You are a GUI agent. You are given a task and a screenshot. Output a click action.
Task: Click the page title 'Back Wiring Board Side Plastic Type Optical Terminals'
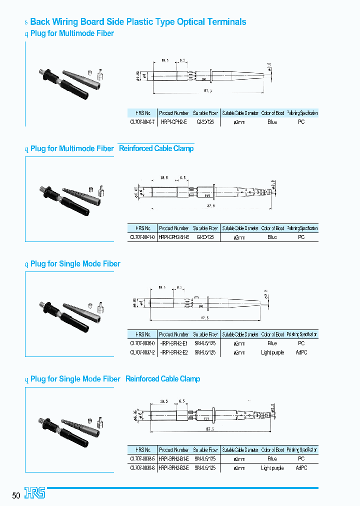(x=138, y=22)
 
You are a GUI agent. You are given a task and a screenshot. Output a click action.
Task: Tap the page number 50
(x=16, y=495)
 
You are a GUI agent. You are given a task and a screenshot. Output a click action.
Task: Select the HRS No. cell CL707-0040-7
(x=142, y=122)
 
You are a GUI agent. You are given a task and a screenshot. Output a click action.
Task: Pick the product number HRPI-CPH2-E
(x=173, y=122)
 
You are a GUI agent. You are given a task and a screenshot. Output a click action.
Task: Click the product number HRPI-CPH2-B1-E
(x=173, y=237)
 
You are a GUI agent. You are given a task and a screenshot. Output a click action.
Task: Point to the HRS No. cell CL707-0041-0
(x=142, y=237)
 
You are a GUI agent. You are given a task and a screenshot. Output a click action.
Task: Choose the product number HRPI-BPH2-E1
(x=173, y=343)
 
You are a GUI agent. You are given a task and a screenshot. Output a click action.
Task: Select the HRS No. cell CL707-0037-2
(x=142, y=352)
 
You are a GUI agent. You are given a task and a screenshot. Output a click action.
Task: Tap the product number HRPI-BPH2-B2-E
(x=173, y=468)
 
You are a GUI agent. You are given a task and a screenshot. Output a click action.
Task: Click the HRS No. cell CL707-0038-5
(x=142, y=459)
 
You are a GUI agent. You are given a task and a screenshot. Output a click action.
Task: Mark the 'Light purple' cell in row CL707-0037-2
(x=272, y=352)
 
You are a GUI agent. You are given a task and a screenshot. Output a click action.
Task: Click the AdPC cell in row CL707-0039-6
(x=301, y=468)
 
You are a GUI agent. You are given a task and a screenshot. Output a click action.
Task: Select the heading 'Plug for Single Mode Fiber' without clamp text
(x=75, y=263)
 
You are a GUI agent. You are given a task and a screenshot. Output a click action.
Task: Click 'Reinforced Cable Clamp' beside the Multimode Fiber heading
(x=156, y=148)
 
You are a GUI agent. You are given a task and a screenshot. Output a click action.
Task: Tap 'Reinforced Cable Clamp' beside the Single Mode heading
(x=162, y=379)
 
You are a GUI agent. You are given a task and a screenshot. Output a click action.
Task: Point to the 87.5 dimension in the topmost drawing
(x=208, y=91)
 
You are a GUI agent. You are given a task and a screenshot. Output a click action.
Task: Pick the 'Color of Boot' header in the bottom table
(x=272, y=450)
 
